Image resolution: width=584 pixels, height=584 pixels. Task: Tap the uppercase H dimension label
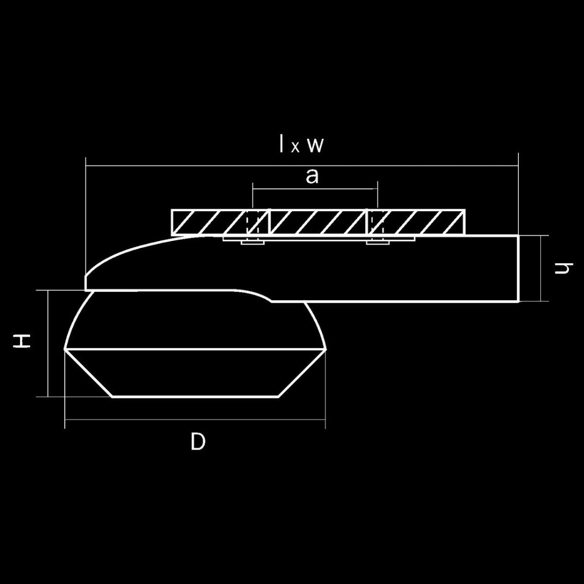(21, 341)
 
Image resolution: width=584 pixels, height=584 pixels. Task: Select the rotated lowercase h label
(564, 268)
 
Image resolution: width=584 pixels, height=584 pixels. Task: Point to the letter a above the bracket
(312, 176)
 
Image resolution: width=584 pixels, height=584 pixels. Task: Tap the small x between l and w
(295, 147)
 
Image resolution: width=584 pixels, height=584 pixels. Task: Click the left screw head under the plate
(253, 242)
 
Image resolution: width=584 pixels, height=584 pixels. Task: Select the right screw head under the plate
(378, 242)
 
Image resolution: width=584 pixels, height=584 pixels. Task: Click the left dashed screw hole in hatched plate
(253, 222)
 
